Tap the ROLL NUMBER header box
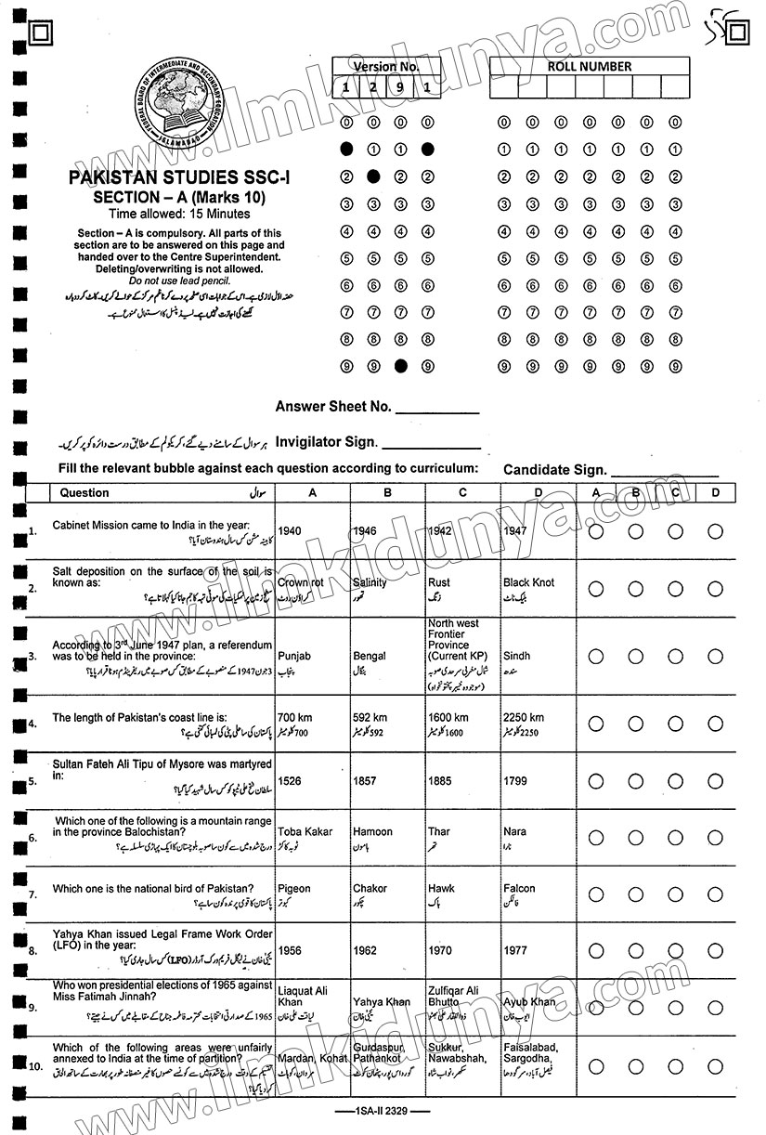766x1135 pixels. point(590,67)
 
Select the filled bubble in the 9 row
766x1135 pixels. point(400,367)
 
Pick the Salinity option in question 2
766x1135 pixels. point(370,582)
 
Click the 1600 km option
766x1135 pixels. point(448,718)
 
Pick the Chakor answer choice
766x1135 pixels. point(370,889)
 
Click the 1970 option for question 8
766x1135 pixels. point(440,951)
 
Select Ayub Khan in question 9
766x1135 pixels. point(529,1002)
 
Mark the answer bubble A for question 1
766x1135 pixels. point(596,532)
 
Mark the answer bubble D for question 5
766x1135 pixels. point(715,781)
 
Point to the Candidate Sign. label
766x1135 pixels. point(555,471)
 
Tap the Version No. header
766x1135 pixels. point(386,67)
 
